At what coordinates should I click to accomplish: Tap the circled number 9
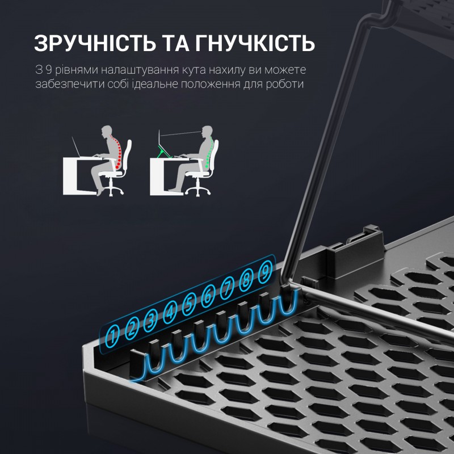pos(264,274)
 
